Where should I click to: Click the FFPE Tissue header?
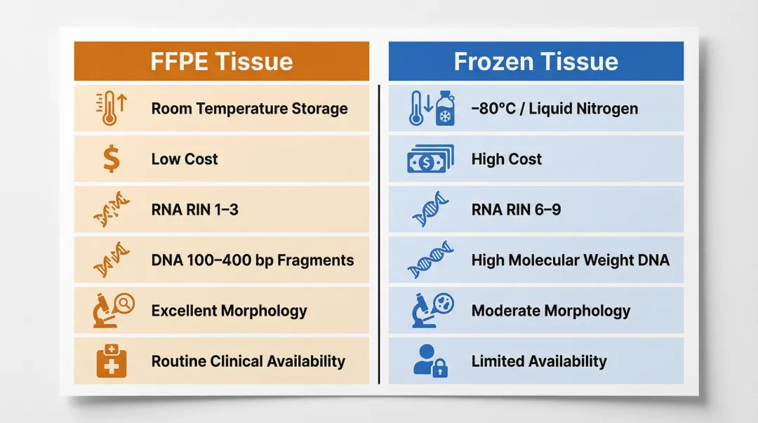[221, 62]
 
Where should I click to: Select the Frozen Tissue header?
[536, 62]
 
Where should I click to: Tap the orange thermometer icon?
[111, 109]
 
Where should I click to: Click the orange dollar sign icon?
[111, 159]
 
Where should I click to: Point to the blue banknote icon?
[430, 159]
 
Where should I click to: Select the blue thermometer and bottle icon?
[431, 109]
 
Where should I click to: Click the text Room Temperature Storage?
[249, 109]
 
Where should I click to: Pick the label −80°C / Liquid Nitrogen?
[554, 109]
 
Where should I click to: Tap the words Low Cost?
[185, 159]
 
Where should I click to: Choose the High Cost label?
[506, 159]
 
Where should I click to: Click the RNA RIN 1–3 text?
[194, 210]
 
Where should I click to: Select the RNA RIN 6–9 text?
[516, 210]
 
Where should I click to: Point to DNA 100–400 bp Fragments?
[253, 260]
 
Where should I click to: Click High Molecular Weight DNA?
[570, 260]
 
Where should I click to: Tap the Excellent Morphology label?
[229, 311]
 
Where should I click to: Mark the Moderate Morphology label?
[550, 311]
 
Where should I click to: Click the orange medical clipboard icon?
[111, 361]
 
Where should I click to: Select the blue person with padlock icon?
[430, 361]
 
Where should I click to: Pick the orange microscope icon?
[110, 311]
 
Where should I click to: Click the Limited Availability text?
[538, 361]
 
